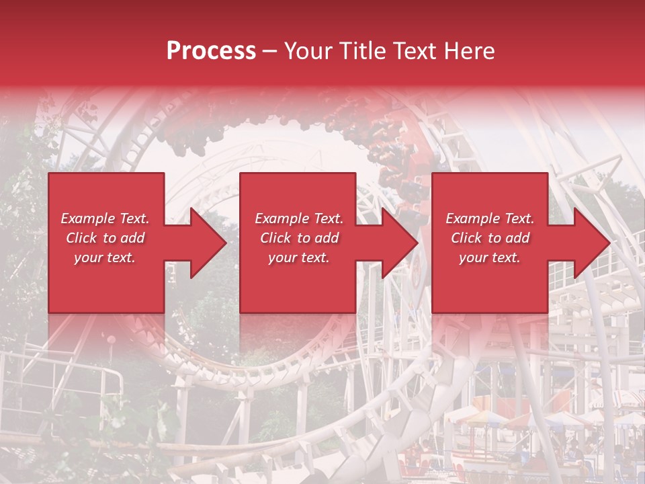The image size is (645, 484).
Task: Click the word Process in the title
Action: coord(211,51)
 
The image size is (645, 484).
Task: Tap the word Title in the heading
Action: coord(362,51)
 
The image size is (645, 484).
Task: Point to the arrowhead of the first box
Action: coord(202,243)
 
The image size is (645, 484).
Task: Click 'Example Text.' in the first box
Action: coord(105,218)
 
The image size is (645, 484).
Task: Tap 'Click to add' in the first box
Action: coord(105,238)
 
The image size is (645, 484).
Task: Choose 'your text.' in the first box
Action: coord(105,257)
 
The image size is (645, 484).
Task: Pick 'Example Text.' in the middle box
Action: coord(298,218)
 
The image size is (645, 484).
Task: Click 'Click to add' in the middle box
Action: coord(298,238)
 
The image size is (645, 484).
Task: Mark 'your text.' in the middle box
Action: coord(298,257)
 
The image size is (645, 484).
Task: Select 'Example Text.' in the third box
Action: coord(490,218)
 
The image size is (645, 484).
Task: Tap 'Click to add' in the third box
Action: coord(490,238)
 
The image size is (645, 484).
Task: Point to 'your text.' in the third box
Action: coord(490,257)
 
